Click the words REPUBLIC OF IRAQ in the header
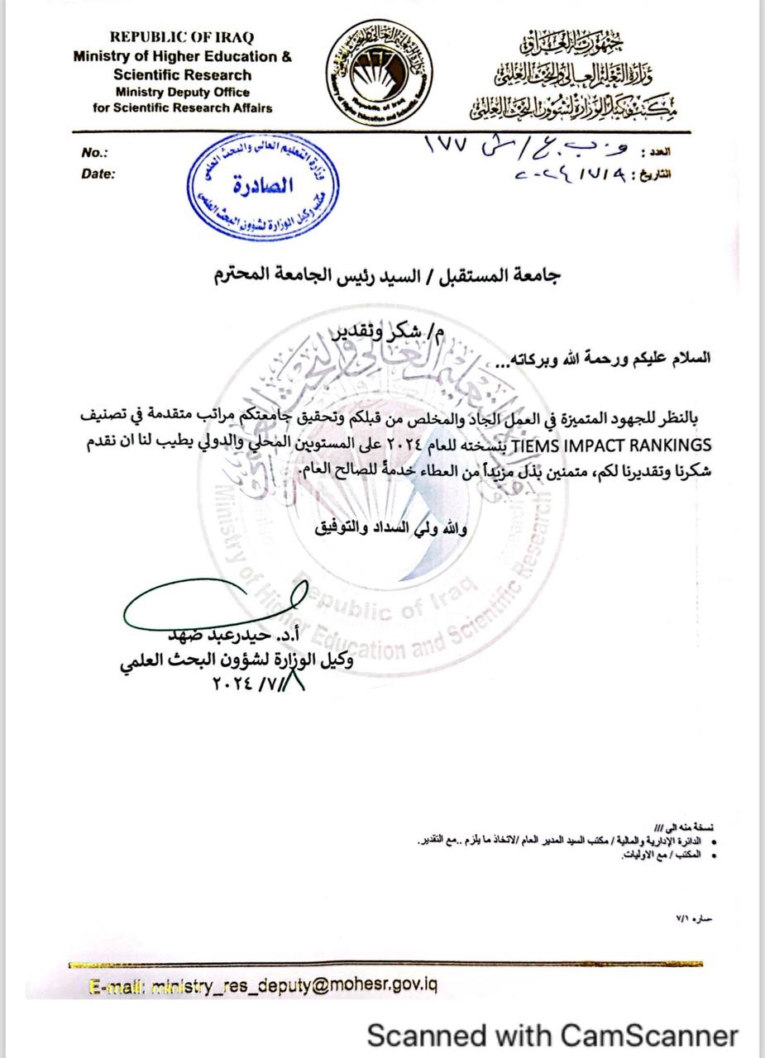[182, 37]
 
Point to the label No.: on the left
[95, 153]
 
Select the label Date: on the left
[98, 174]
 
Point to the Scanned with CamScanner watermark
[552, 1034]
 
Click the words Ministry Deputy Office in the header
[183, 92]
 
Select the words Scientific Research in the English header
[182, 74]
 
